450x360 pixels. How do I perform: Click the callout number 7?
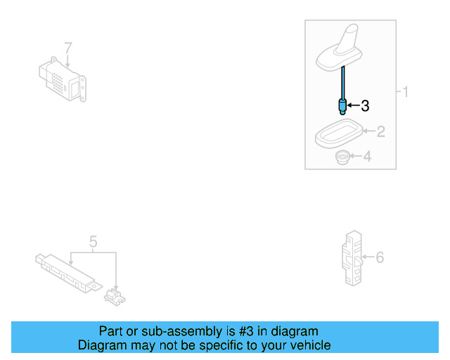click(68, 48)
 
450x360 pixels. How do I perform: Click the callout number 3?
click(364, 106)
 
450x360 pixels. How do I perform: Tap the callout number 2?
click(380, 131)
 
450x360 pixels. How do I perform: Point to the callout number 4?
click(366, 157)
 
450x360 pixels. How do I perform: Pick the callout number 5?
click(93, 243)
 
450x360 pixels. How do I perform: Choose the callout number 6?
click(380, 258)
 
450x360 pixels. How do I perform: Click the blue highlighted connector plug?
click(342, 107)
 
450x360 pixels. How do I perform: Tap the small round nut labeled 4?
click(342, 157)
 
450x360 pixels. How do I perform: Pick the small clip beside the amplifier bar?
click(114, 296)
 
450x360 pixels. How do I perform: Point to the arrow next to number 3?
click(353, 107)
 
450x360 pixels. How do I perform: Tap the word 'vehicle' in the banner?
click(308, 345)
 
